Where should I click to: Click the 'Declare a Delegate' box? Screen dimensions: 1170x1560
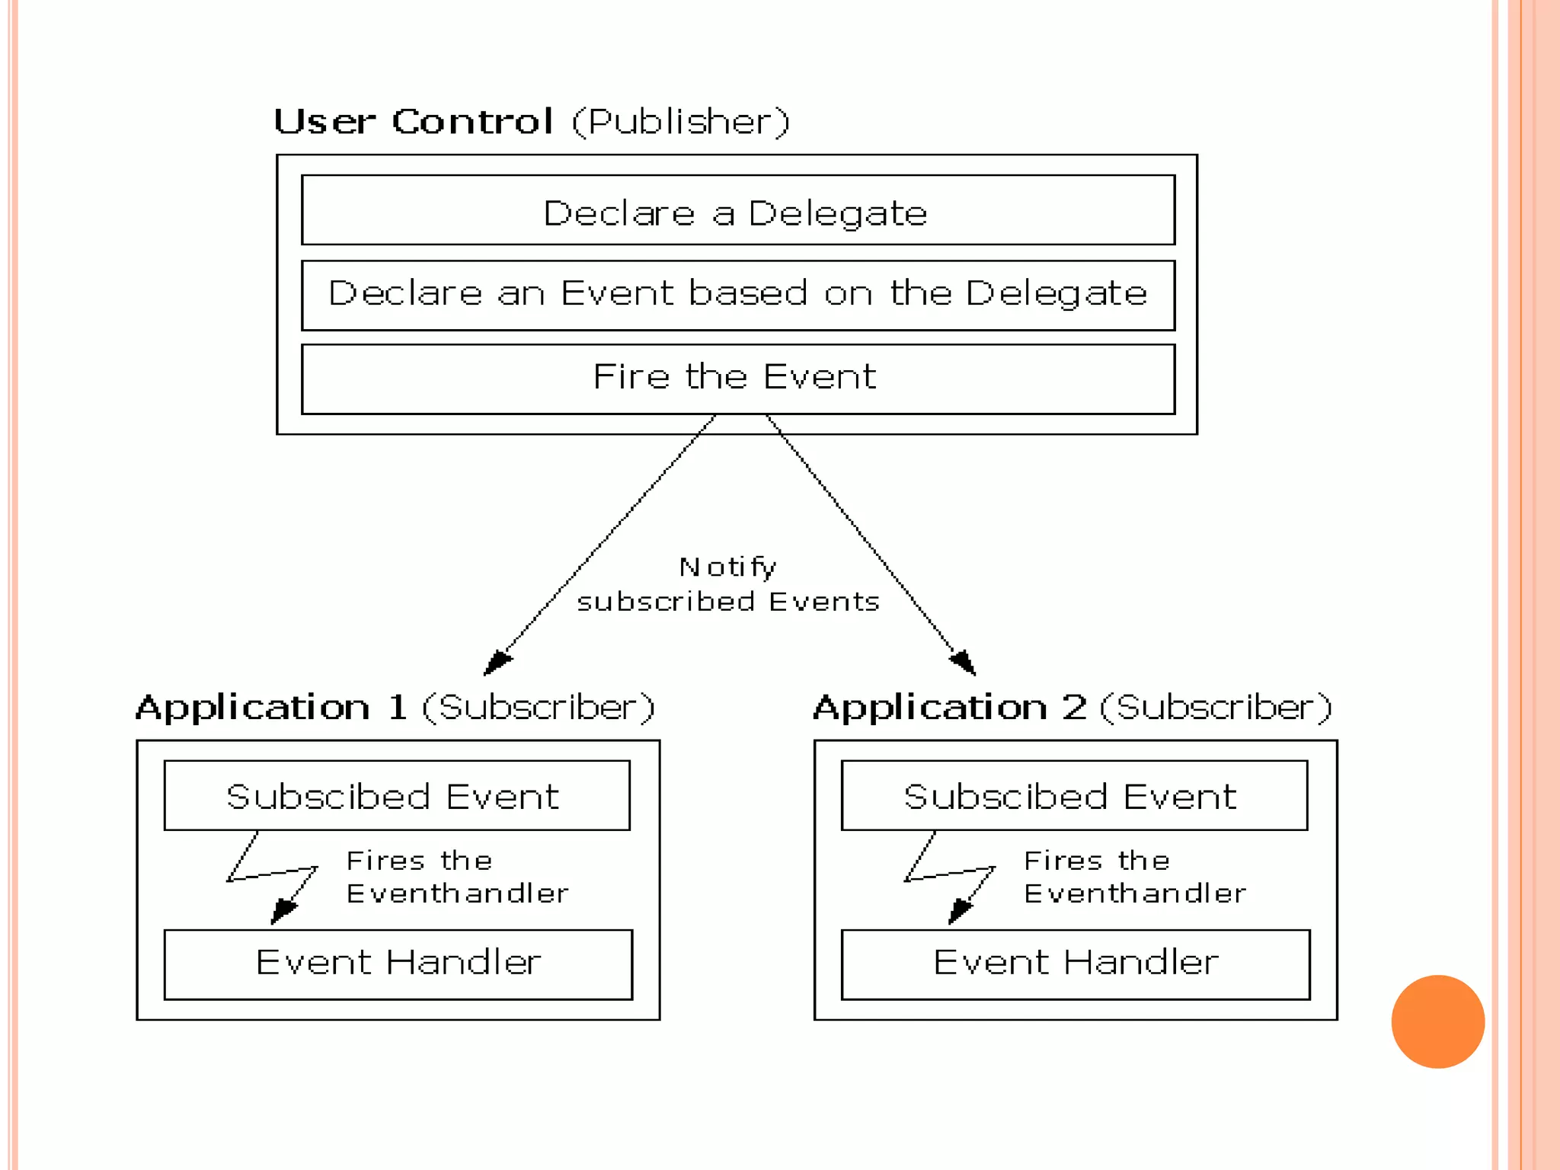tap(737, 211)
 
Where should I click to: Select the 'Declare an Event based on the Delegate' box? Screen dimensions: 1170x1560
tap(737, 295)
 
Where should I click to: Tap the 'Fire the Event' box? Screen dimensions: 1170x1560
tap(737, 379)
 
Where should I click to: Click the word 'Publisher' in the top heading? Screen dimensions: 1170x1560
tap(681, 122)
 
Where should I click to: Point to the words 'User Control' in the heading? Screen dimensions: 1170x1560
tap(413, 122)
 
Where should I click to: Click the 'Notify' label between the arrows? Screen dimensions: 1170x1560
tap(727, 567)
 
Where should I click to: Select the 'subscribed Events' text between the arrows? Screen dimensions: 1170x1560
tap(727, 602)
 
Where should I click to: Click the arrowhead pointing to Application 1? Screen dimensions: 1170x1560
tap(496, 663)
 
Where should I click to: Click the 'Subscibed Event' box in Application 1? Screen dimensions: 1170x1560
tap(396, 795)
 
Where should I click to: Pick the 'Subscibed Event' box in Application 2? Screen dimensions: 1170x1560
tap(1074, 795)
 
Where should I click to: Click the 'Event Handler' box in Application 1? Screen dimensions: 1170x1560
tap(398, 964)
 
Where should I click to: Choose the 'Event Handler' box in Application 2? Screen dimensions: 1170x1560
tap(1075, 964)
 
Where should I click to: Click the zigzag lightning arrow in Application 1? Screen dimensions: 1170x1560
tap(273, 876)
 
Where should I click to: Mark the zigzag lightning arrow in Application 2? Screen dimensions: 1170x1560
tap(950, 876)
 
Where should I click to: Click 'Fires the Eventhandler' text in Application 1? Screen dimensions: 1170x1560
tap(456, 877)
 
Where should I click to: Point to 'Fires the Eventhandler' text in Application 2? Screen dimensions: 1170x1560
tap(1134, 877)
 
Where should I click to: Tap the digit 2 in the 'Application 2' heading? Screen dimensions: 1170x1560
tap(1074, 708)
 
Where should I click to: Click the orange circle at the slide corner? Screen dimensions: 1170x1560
tap(1437, 1021)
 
